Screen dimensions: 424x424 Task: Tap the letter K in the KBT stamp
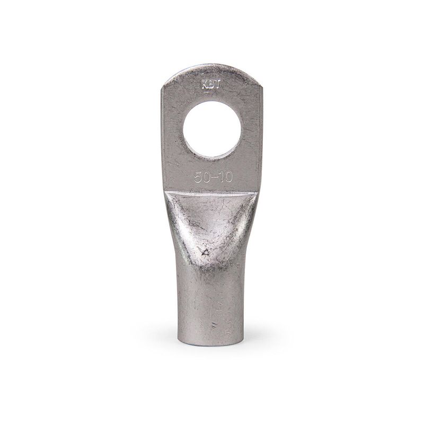click(205, 85)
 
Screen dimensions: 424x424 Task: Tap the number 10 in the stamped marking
click(225, 178)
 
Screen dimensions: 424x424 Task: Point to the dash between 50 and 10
click(214, 178)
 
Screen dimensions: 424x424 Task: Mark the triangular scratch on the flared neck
click(205, 253)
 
